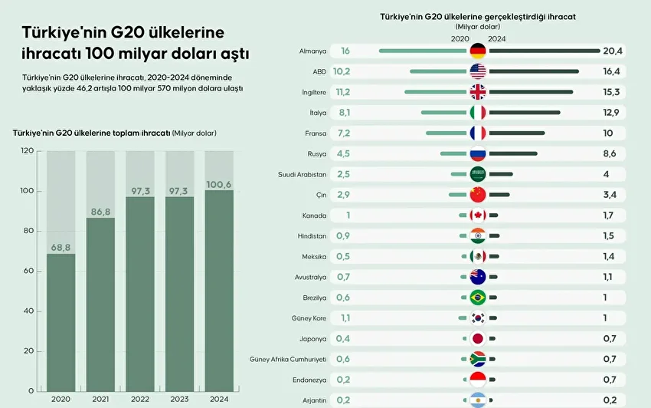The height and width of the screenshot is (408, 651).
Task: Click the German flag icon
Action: [x=478, y=51]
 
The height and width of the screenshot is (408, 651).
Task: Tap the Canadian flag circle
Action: [x=478, y=216]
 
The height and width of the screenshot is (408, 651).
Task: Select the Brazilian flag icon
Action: [x=478, y=298]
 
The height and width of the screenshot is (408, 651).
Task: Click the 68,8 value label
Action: [x=61, y=248]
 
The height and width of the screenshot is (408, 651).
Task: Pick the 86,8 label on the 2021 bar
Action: [x=100, y=212]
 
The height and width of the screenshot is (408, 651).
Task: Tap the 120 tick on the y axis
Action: [x=28, y=151]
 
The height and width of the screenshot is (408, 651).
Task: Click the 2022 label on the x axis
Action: [x=140, y=399]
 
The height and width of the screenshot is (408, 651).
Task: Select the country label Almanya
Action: [x=312, y=51]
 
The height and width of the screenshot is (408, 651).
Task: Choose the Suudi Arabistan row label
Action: [x=303, y=174]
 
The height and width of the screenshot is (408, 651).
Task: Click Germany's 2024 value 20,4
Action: [x=613, y=51]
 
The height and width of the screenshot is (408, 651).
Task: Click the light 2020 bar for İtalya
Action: [x=443, y=113]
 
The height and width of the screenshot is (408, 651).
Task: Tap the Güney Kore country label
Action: [x=310, y=318]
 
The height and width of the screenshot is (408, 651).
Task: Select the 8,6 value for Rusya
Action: [x=610, y=153]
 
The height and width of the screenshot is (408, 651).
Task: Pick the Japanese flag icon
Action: [x=478, y=338]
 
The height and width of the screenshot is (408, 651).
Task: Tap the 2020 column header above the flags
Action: [x=460, y=38]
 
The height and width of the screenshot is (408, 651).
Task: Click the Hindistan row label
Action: [x=312, y=235]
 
